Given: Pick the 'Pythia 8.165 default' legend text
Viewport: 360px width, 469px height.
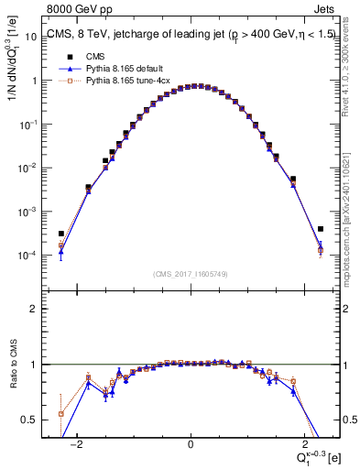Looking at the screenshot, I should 119,69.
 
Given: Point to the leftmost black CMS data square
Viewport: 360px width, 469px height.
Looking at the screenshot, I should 60,234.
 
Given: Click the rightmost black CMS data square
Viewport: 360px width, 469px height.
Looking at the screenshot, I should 321,229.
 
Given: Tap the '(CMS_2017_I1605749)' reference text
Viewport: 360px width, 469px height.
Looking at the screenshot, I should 190,274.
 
